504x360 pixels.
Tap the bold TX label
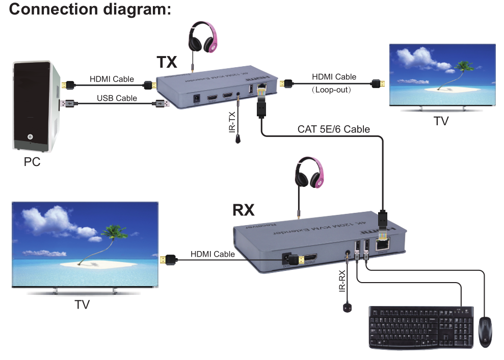(167, 62)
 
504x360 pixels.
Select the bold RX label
(243, 209)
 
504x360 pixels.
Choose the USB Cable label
(117, 98)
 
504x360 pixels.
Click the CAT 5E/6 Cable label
(334, 129)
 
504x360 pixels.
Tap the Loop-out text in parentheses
(334, 90)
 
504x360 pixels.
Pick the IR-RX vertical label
(342, 281)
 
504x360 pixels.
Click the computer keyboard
(421, 327)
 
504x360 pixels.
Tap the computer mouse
(485, 332)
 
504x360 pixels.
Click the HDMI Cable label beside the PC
(112, 79)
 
